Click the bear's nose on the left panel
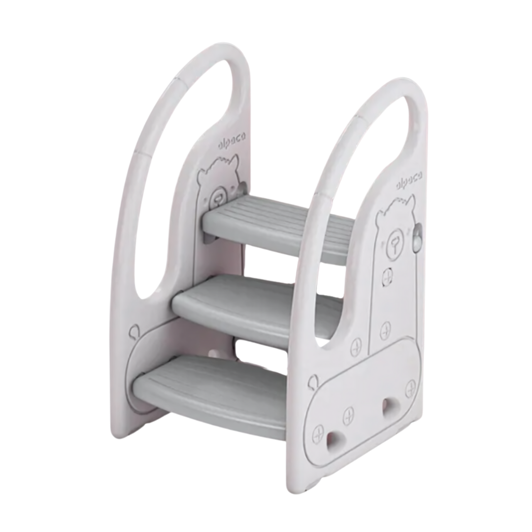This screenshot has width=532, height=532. point(216,197)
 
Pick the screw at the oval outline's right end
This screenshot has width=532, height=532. point(410,389)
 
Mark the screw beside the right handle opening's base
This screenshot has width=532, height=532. point(356,347)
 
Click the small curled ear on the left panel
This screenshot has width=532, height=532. point(133,333)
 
